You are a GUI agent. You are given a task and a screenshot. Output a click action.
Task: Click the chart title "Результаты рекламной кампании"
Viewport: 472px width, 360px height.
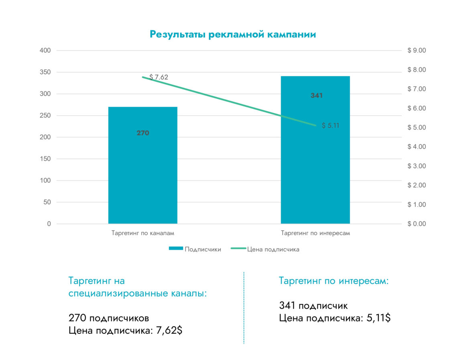click(233, 35)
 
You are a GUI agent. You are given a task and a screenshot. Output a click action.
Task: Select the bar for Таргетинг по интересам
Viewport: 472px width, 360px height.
click(315, 169)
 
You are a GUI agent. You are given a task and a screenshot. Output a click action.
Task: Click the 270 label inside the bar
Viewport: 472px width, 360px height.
click(142, 133)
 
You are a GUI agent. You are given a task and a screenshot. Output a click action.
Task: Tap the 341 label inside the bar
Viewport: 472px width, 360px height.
click(316, 96)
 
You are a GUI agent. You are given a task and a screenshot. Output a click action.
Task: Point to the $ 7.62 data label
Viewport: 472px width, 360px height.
click(159, 77)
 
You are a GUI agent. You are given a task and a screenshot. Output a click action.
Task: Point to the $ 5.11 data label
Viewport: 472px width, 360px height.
click(331, 125)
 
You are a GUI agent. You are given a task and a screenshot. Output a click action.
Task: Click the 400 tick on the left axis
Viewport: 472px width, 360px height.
click(46, 51)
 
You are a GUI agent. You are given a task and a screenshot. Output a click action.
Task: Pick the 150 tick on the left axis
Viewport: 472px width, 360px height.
click(46, 159)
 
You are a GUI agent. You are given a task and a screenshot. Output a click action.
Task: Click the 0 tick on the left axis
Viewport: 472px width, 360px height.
click(49, 224)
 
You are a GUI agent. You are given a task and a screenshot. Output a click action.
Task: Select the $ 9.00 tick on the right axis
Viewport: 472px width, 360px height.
click(416, 51)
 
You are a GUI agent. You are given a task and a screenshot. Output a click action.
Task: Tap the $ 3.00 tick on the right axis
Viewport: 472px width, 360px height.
click(416, 166)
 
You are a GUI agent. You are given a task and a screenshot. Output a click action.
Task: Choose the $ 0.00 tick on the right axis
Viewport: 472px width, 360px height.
click(416, 224)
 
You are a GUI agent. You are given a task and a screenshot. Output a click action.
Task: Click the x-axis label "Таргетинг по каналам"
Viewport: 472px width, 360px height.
click(142, 233)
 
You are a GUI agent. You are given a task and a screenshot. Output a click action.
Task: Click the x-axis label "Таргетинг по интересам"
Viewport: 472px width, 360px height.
click(315, 233)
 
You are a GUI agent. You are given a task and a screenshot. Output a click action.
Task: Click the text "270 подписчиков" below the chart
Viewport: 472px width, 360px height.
click(109, 318)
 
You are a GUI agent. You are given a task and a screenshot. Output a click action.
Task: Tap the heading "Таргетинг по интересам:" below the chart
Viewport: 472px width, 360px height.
click(334, 281)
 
